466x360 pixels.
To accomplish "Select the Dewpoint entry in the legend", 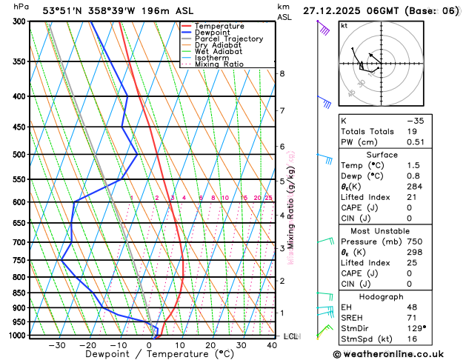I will [x=213, y=33].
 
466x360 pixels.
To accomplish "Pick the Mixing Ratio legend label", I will [x=219, y=64].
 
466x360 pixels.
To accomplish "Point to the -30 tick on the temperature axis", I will [x=57, y=344].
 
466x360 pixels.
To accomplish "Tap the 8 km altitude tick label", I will [x=282, y=74].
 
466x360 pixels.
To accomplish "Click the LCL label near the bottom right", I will [x=291, y=336].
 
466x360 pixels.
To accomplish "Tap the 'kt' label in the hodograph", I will [x=344, y=26].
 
